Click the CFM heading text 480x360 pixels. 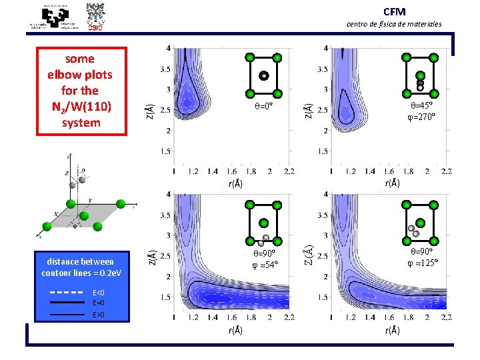(394, 12)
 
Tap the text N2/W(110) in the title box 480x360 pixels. (81, 107)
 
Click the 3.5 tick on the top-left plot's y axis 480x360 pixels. (166, 69)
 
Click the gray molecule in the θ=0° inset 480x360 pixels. (264, 76)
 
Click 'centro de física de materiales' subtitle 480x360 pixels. (394, 24)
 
